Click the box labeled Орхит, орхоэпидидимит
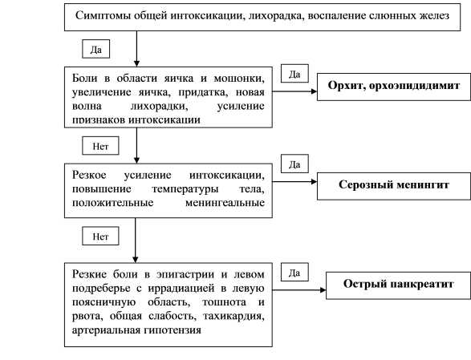coord(394,87)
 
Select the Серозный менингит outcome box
coord(394,186)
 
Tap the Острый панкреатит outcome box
coord(398,285)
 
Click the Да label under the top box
coord(95,49)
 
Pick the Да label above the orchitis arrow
coord(294,73)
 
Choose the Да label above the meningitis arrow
coord(294,164)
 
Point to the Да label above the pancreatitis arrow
coord(294,272)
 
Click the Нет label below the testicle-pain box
coord(100,146)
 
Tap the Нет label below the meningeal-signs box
coord(100,237)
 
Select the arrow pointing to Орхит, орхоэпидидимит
coord(294,91)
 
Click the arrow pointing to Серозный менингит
coord(294,182)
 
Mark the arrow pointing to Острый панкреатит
coord(299,290)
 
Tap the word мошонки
coord(239,79)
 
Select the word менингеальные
coord(225,203)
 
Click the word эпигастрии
coord(185,274)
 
